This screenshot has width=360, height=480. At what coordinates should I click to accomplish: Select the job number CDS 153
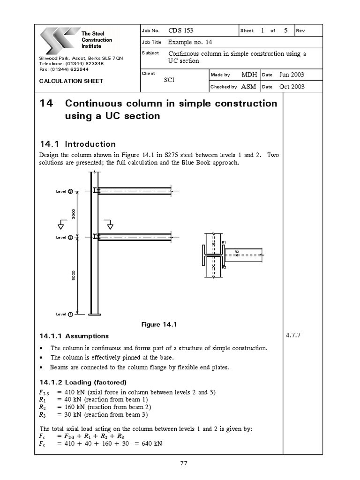click(x=181, y=31)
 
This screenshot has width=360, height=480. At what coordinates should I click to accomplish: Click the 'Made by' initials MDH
click(x=249, y=75)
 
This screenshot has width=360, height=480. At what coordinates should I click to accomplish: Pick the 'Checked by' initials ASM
click(x=248, y=87)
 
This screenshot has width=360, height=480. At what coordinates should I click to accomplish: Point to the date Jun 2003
click(x=292, y=75)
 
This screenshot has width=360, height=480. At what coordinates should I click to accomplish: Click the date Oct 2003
click(x=292, y=87)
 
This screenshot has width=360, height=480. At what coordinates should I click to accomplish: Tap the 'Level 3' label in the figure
click(x=64, y=191)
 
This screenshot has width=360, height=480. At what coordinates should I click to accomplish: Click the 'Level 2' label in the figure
click(x=64, y=238)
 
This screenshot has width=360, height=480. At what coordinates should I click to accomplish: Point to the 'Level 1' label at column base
click(x=64, y=314)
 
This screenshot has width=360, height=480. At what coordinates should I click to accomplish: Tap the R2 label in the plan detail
click(x=237, y=252)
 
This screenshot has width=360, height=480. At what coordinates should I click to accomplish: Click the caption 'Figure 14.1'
click(x=158, y=324)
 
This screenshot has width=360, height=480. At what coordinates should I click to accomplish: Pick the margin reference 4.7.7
click(x=293, y=336)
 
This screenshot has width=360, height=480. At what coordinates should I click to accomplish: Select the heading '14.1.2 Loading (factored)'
click(x=83, y=382)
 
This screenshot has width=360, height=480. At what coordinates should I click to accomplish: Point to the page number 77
click(x=184, y=464)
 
